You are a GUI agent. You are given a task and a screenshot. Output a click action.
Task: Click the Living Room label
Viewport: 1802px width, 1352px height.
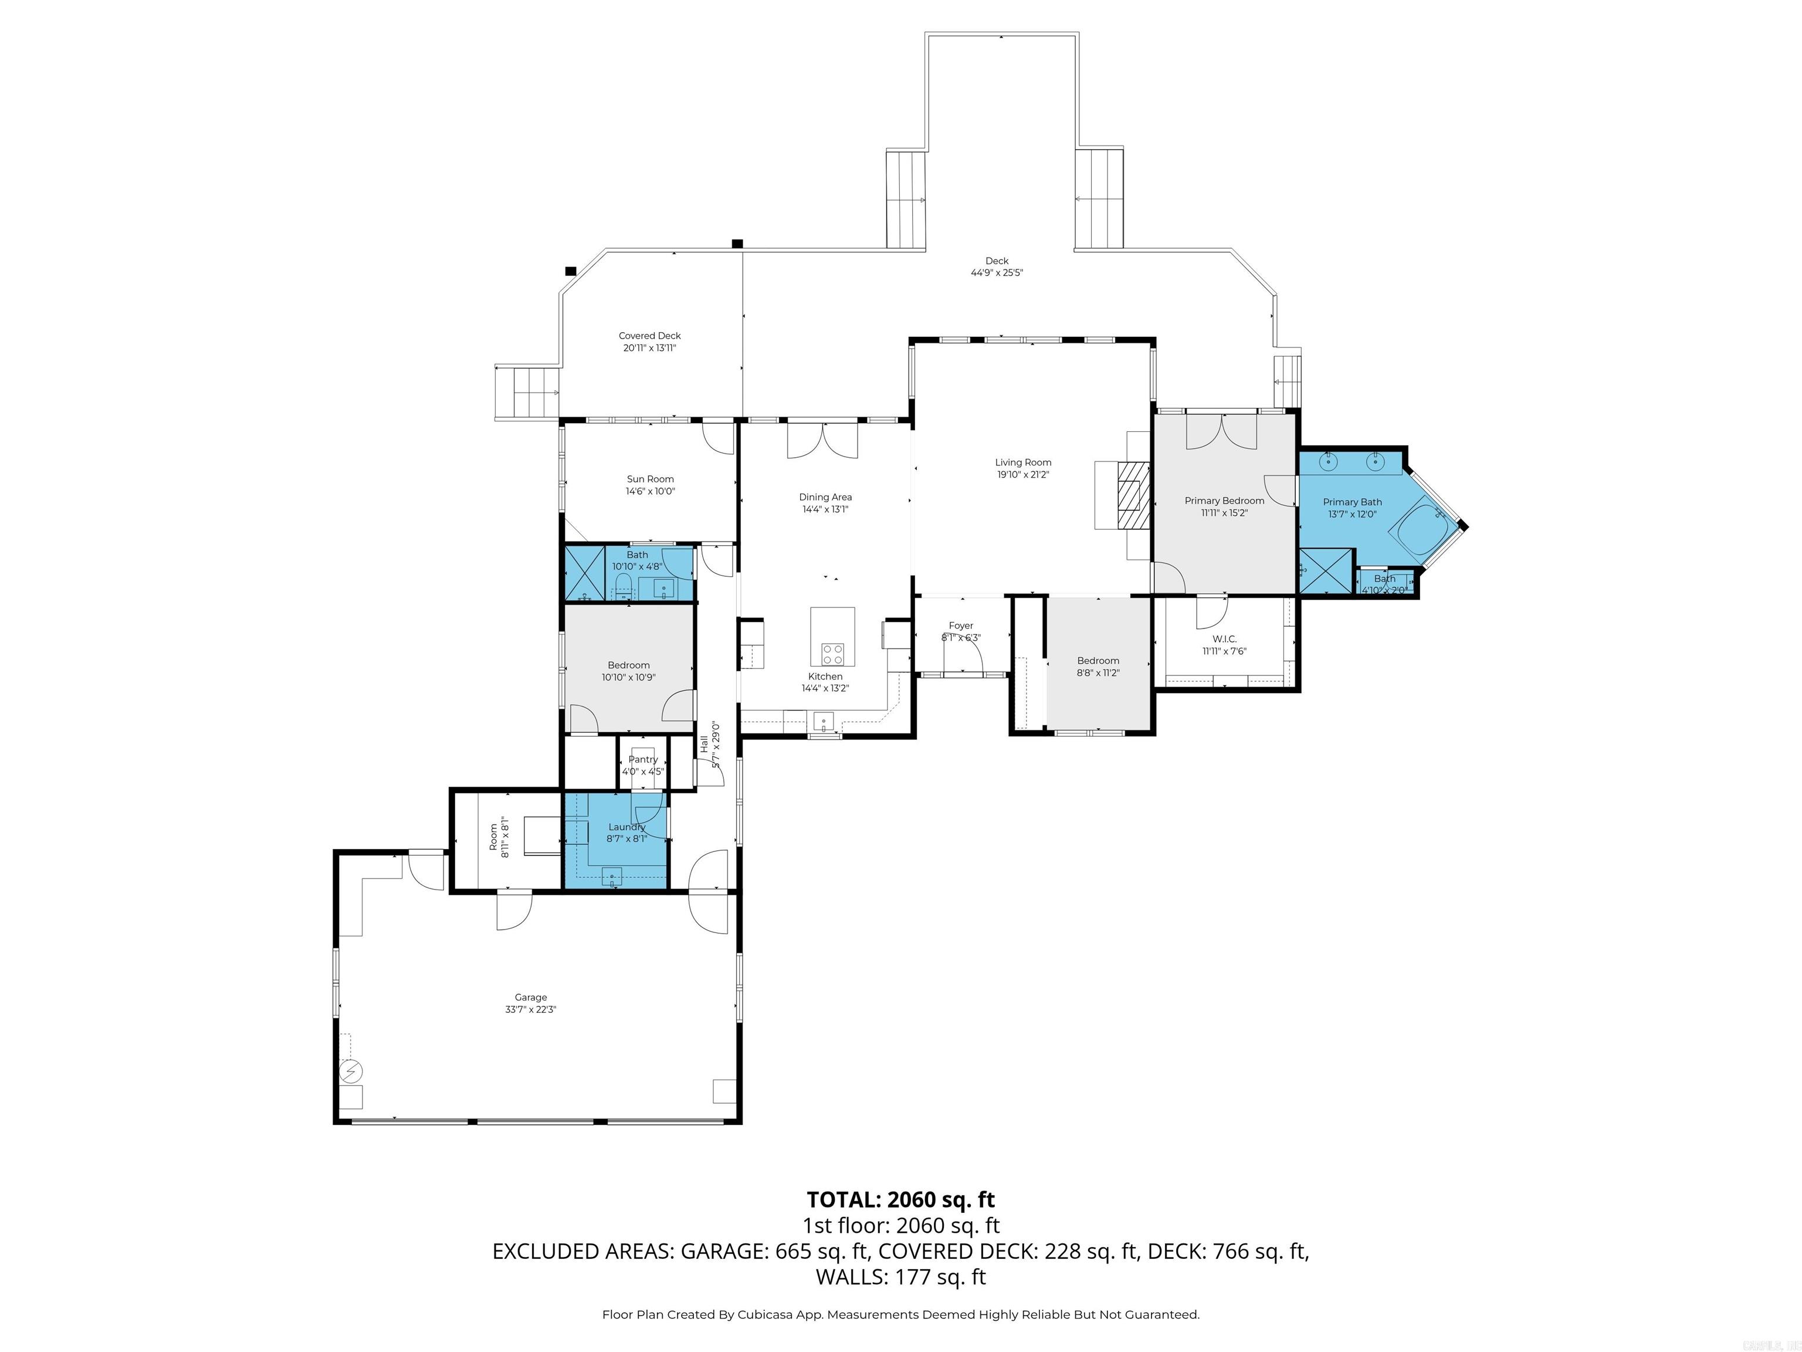(1022, 462)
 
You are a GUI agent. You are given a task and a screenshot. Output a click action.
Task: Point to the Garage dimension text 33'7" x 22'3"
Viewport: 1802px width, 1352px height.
(530, 1009)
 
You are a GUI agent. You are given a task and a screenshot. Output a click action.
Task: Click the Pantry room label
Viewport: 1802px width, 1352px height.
(643, 759)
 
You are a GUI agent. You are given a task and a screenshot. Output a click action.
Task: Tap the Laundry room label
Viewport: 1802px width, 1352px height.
(626, 826)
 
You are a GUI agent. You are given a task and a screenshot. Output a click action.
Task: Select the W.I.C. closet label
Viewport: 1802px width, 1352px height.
(1224, 639)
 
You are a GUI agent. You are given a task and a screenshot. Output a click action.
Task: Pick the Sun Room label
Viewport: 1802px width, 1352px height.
(650, 479)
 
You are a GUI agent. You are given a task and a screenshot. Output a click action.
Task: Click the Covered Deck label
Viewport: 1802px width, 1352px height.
(649, 336)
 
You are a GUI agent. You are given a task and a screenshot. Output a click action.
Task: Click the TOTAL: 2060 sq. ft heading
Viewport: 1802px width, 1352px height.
(900, 1199)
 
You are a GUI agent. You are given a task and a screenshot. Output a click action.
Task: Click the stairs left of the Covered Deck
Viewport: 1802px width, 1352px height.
(527, 392)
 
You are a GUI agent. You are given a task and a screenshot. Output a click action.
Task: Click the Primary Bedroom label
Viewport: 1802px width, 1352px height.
(1224, 501)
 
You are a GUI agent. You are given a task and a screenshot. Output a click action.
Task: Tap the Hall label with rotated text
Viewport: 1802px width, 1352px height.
(704, 743)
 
